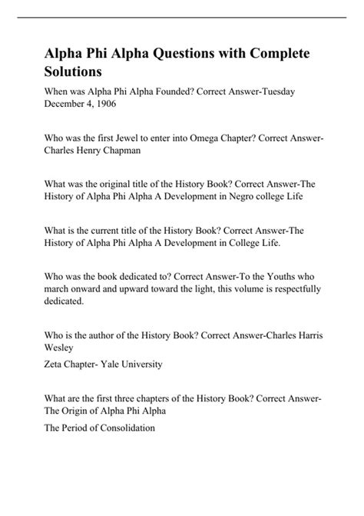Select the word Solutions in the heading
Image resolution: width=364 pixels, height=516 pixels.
pos(70,74)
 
